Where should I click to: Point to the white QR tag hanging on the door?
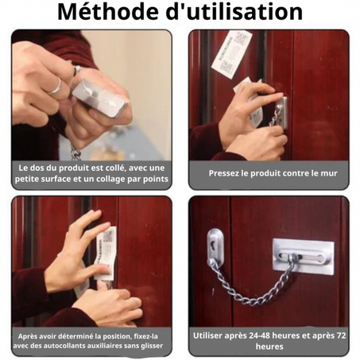231,53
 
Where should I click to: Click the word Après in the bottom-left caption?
32,335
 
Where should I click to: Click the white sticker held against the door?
105,252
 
